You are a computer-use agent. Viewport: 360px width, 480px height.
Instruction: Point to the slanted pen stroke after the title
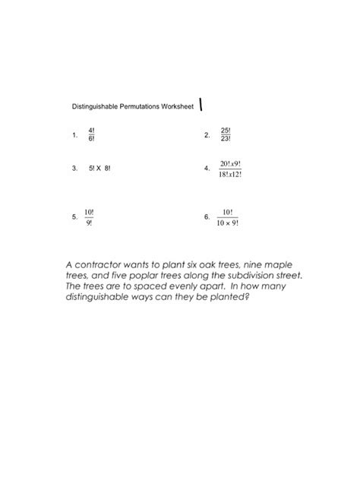pyautogui.click(x=201, y=105)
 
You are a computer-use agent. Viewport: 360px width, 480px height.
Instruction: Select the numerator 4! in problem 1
pyautogui.click(x=91, y=131)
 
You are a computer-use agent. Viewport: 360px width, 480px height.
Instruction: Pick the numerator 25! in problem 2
pyautogui.click(x=226, y=131)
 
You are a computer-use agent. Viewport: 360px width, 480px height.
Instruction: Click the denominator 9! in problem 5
pyautogui.click(x=89, y=223)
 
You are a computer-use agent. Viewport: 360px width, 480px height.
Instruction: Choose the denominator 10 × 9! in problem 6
pyautogui.click(x=226, y=223)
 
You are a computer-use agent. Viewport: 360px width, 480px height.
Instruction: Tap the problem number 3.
pyautogui.click(x=74, y=169)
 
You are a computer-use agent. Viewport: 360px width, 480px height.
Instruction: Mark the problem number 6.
pyautogui.click(x=207, y=216)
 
